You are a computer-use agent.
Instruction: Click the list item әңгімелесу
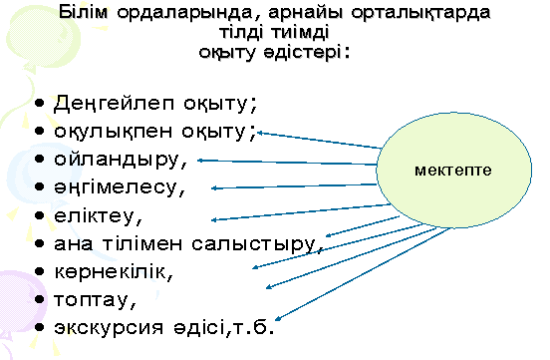click(x=121, y=186)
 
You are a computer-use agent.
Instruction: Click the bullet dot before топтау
click(x=37, y=299)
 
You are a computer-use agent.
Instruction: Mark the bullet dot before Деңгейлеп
click(x=37, y=104)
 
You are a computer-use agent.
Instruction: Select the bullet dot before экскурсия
click(x=37, y=327)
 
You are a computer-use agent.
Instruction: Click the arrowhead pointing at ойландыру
click(x=203, y=158)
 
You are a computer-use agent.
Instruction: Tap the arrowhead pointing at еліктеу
click(x=216, y=219)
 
